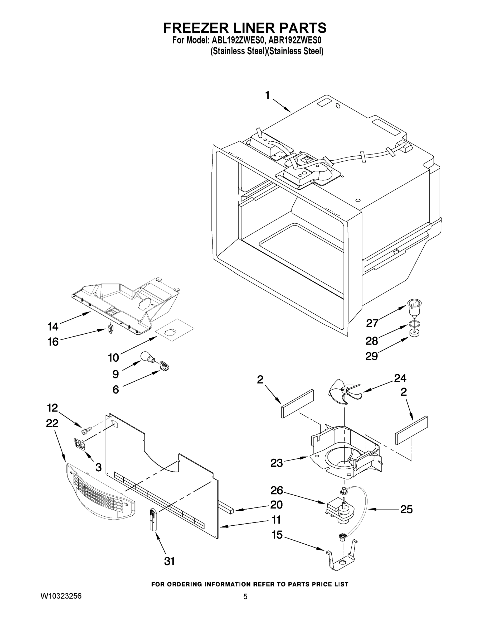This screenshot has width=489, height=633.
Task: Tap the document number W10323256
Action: pyautogui.click(x=61, y=596)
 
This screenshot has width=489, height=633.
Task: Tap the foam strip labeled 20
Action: pyautogui.click(x=226, y=508)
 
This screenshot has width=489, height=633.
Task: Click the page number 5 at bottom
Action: pyautogui.click(x=245, y=597)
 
